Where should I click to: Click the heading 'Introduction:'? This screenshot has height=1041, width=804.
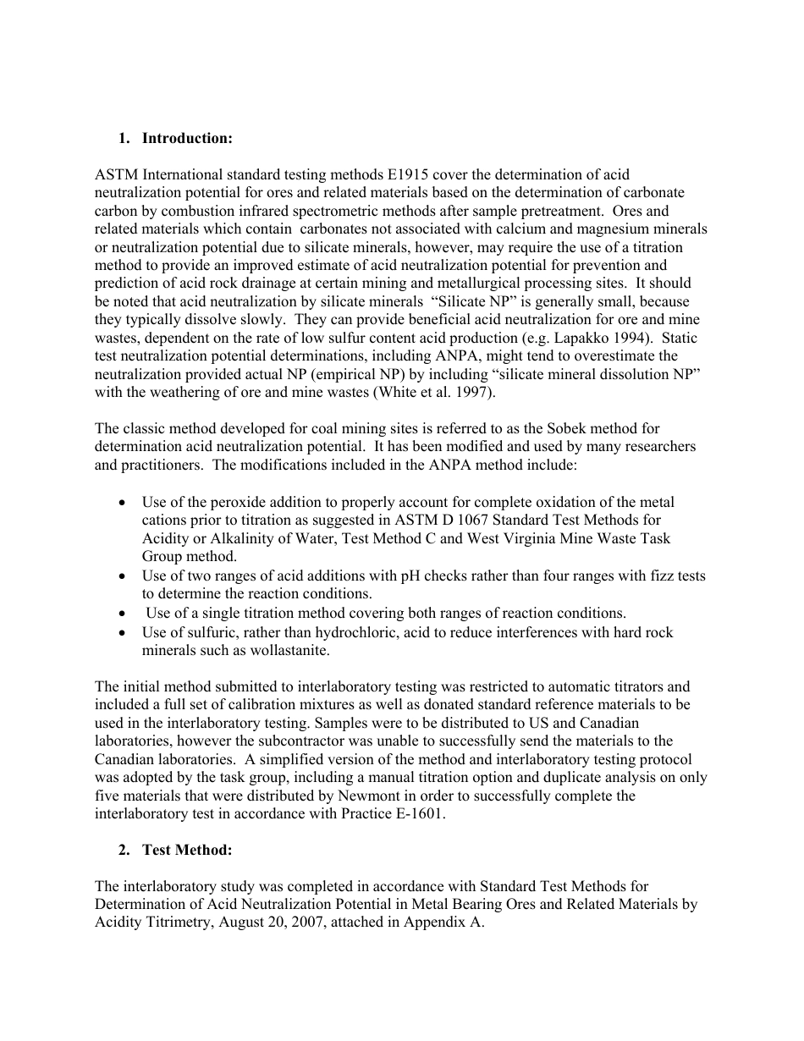coord(187,138)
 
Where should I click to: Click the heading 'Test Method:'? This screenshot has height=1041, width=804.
coord(187,851)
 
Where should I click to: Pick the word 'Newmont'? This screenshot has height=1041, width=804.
coord(437,796)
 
